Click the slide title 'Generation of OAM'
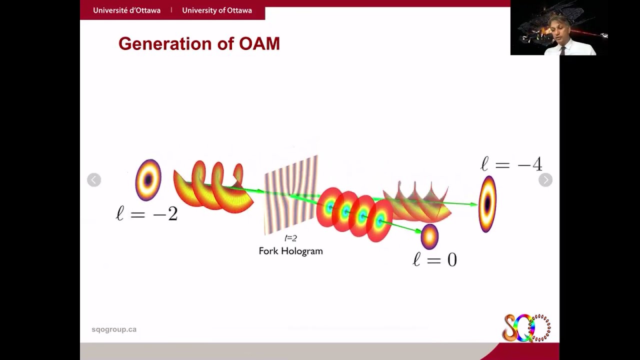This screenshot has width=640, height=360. pyautogui.click(x=199, y=44)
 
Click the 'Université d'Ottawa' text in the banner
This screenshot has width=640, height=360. pyautogui.click(x=126, y=10)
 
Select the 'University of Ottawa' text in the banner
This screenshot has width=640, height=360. pyautogui.click(x=216, y=10)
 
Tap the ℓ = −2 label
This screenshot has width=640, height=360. pyautogui.click(x=147, y=214)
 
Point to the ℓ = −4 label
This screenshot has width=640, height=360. pyautogui.click(x=511, y=164)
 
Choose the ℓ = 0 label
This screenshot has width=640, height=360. pyautogui.click(x=434, y=259)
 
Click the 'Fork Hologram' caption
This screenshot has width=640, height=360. pyautogui.click(x=290, y=251)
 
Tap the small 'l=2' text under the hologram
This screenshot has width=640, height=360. pyautogui.click(x=290, y=238)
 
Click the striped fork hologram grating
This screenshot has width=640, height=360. pyautogui.click(x=291, y=195)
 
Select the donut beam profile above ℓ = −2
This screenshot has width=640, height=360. pyautogui.click(x=148, y=179)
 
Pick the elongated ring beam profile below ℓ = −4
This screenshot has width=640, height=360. pyautogui.click(x=487, y=204)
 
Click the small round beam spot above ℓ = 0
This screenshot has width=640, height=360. pyautogui.click(x=429, y=237)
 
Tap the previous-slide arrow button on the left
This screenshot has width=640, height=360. pyautogui.click(x=94, y=180)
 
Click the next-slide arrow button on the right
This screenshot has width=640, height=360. pyautogui.click(x=545, y=180)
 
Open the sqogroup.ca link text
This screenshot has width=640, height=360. pyautogui.click(x=114, y=329)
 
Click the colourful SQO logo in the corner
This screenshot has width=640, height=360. pyautogui.click(x=525, y=328)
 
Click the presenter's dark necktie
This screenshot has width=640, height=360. pyautogui.click(x=562, y=50)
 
